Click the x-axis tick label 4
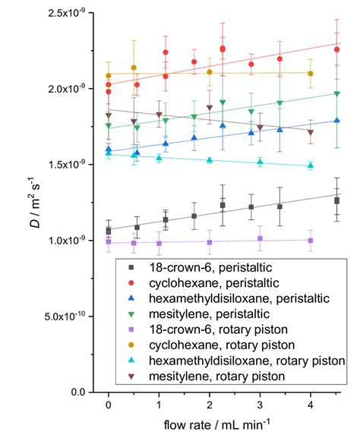click(x=310, y=406)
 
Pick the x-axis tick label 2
click(x=209, y=406)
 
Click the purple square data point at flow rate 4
click(x=310, y=240)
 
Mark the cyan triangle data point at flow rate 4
click(x=310, y=165)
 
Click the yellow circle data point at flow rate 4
click(x=310, y=73)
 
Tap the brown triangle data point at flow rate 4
click(x=310, y=132)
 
